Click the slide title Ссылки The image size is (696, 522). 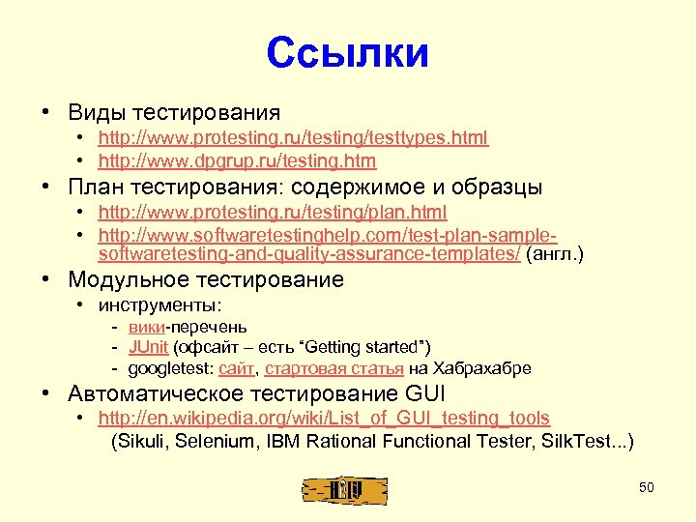click(348, 53)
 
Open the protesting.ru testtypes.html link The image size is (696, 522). click(293, 138)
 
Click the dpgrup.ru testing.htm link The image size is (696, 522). click(237, 161)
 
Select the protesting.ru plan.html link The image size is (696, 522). click(273, 212)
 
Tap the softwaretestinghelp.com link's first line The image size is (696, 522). click(328, 235)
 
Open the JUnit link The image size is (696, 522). click(149, 347)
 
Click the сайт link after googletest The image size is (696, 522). click(236, 368)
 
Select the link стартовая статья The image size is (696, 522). click(333, 368)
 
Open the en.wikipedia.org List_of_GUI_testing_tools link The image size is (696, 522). click(324, 419)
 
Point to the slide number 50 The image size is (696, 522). click(647, 487)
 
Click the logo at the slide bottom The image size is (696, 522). click(344, 489)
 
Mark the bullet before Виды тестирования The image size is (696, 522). click(46, 112)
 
